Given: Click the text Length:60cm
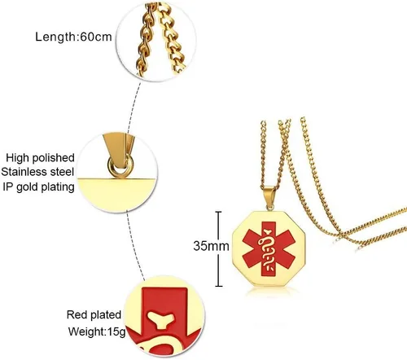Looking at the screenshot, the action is [x=73, y=37].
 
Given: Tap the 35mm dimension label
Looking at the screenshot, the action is [x=211, y=246].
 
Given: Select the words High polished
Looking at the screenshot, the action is [x=40, y=158].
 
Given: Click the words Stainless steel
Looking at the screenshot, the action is [x=37, y=172].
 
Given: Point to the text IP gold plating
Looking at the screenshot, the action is [x=38, y=187].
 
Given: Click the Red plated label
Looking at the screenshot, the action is [x=94, y=315].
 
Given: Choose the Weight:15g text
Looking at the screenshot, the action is [x=97, y=331].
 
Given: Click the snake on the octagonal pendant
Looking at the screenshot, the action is [x=268, y=250].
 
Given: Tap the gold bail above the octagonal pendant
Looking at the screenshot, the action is [x=269, y=195].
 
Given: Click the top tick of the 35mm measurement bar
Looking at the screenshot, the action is [x=218, y=212].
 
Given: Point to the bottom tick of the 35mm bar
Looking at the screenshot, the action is [x=219, y=286].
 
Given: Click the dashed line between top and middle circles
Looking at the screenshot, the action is [x=134, y=106].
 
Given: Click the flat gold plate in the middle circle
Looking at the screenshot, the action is [x=116, y=195].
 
